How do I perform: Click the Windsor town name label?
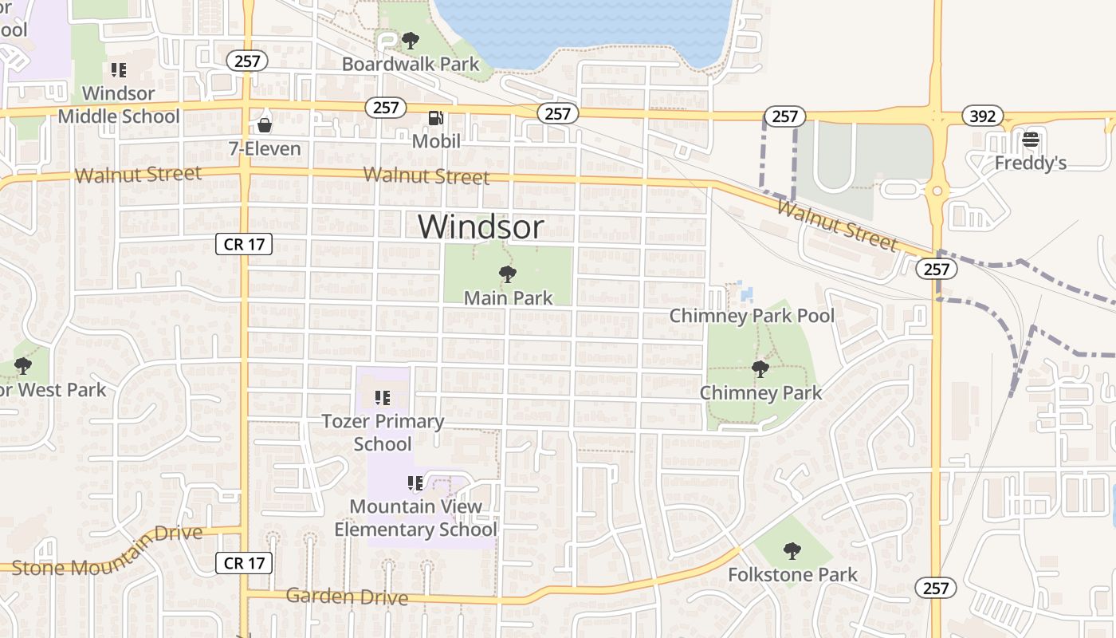(x=481, y=226)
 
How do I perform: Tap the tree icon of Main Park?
(x=507, y=275)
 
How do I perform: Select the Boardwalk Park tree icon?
(x=411, y=40)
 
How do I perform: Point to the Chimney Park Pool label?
(x=752, y=316)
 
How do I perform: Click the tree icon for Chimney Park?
(x=760, y=369)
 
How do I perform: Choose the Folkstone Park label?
(x=792, y=574)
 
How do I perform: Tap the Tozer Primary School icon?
(x=383, y=397)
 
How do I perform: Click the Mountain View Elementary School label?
(x=415, y=518)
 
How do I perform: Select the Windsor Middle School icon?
(x=119, y=70)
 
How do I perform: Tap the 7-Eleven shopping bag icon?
(x=265, y=125)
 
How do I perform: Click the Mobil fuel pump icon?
(x=436, y=118)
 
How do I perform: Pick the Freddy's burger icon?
(x=1031, y=140)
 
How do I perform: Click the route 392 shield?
(x=983, y=116)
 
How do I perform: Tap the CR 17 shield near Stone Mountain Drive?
(x=245, y=563)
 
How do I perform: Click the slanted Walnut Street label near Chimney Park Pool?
(x=836, y=226)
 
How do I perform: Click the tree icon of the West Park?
(x=23, y=366)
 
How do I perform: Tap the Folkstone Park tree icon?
(x=792, y=550)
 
